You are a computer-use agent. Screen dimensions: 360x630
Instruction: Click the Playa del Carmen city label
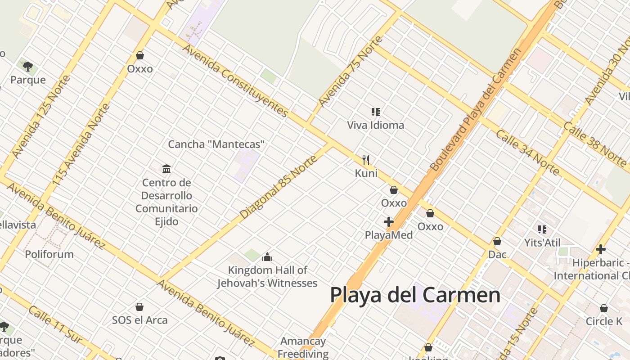point(415,295)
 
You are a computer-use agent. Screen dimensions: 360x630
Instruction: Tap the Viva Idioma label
point(375,125)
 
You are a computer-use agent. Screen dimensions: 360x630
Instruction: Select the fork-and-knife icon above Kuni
point(366,160)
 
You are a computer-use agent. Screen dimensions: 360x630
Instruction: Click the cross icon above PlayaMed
point(389,221)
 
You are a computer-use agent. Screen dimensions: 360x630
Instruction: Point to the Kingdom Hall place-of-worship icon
point(267,257)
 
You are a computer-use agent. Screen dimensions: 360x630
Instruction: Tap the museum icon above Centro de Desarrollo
point(166,169)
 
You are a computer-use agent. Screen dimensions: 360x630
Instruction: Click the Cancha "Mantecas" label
point(216,144)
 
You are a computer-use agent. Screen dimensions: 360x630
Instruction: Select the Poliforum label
point(49,254)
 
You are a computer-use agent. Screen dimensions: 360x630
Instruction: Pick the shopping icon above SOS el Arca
point(139,307)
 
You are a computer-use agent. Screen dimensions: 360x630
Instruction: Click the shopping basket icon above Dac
point(497,241)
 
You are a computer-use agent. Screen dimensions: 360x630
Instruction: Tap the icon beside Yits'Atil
point(542,229)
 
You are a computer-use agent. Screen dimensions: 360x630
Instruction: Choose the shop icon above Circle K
point(603,308)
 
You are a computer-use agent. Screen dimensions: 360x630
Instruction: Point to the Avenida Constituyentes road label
point(234,81)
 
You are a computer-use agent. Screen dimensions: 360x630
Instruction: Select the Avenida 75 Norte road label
point(351,72)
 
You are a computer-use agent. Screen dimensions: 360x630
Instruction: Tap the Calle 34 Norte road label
point(527,153)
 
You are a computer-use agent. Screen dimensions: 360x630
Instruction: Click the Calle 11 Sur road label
point(55,324)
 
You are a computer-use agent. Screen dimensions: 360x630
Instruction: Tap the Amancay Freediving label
point(303,347)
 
